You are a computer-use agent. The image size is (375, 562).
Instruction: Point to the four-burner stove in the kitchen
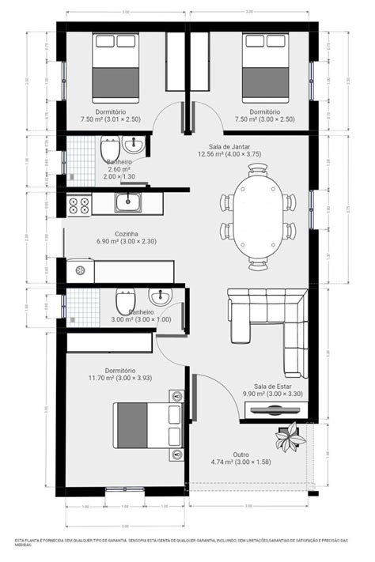click(79, 206)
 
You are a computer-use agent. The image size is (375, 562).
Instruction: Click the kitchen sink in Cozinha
click(128, 205)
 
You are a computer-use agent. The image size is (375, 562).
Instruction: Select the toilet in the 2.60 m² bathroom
click(109, 148)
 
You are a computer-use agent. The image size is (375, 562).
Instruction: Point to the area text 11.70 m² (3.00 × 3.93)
click(118, 379)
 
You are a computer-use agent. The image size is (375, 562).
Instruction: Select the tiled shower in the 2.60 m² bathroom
click(79, 158)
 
